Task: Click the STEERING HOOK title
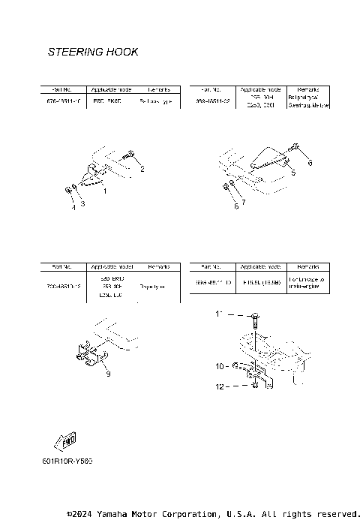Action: [92, 53]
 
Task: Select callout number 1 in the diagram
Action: [104, 191]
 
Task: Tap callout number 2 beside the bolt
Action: [82, 203]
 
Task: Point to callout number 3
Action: [73, 207]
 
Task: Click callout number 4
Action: [293, 173]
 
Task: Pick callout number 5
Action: [243, 202]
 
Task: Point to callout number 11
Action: [219, 389]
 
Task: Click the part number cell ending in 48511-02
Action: [211, 101]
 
